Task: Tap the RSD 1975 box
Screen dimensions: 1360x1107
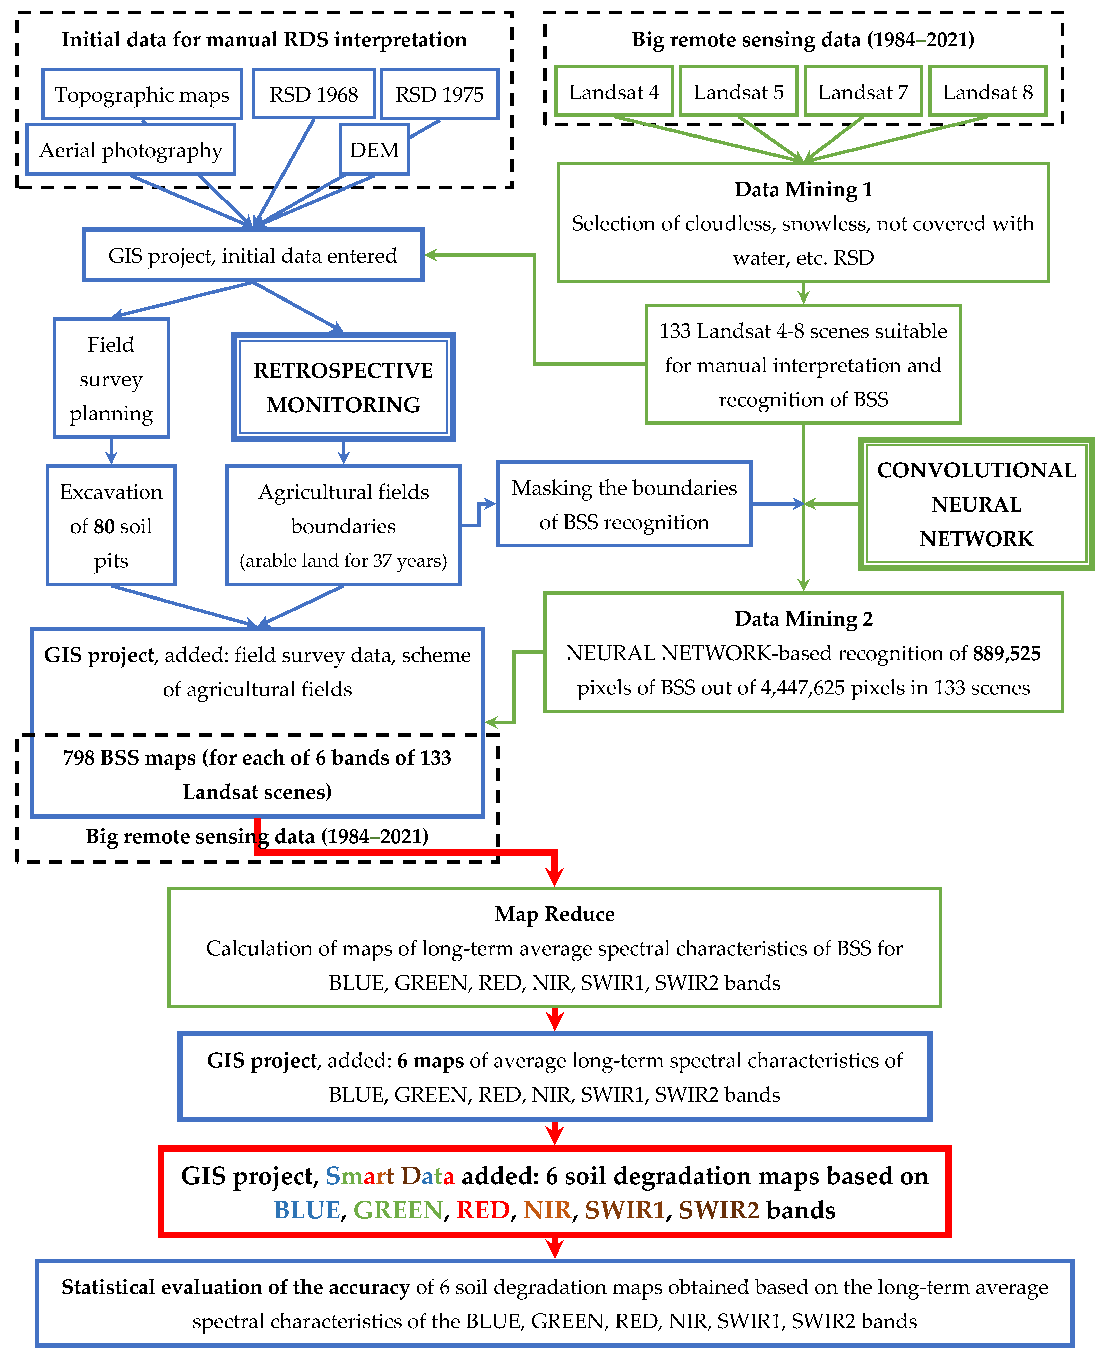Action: click(439, 94)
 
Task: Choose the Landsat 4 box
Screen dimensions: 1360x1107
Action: click(613, 92)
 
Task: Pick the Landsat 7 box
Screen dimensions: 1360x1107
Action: click(863, 92)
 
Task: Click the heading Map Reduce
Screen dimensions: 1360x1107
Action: click(554, 914)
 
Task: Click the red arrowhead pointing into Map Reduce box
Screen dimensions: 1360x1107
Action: click(555, 876)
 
